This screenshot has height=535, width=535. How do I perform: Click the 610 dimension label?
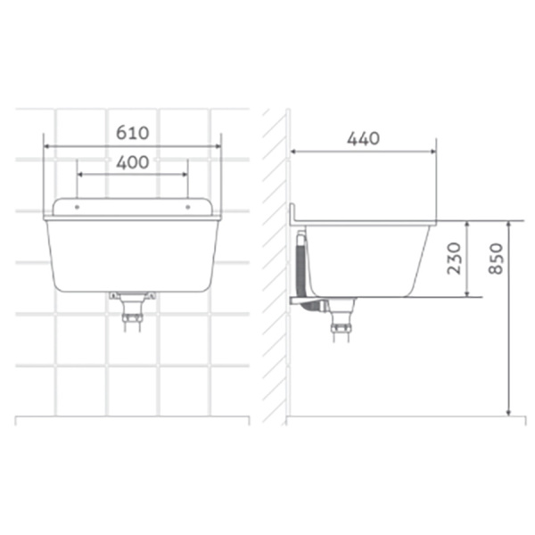pyautogui.click(x=132, y=133)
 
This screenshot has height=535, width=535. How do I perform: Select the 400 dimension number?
pyautogui.click(x=132, y=162)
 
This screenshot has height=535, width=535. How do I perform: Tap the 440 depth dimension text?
pyautogui.click(x=364, y=138)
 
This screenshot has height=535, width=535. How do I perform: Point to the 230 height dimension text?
pyautogui.click(x=454, y=259)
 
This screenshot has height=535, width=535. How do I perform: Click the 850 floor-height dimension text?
pyautogui.click(x=496, y=259)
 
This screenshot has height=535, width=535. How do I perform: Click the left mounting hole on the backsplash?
pyautogui.click(x=77, y=207)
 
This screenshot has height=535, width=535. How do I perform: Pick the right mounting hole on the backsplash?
pyautogui.click(x=187, y=207)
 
